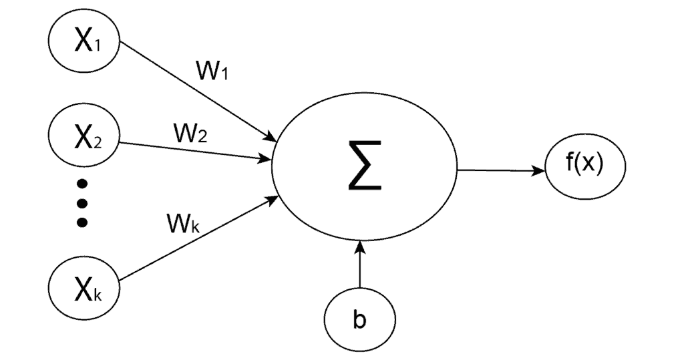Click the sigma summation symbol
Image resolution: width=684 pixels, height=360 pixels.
[364, 170]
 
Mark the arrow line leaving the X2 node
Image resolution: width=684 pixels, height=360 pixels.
[194, 150]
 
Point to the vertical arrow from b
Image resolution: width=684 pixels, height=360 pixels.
[360, 271]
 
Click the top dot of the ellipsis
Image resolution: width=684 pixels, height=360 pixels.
[82, 184]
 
